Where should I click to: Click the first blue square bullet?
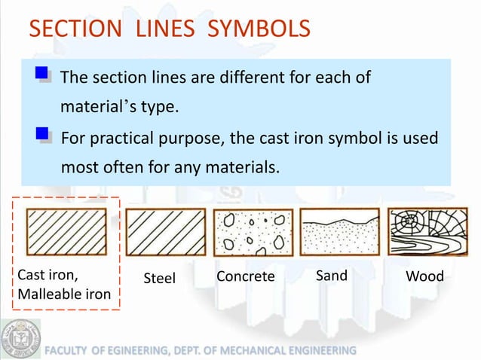pos(43,75)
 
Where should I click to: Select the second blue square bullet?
pos(43,135)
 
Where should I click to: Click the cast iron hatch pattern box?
pos(66,232)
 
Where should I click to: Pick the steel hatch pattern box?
pos(165,232)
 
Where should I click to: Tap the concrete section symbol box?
pos(253,232)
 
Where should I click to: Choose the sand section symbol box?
pos(340,232)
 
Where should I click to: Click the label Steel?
pos(159,279)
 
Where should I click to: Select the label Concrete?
pos(245,276)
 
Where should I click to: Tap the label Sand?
pos(332,276)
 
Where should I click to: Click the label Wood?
pos(424,276)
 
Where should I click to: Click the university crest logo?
pos(20,338)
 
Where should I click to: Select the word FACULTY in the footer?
pos(68,351)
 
